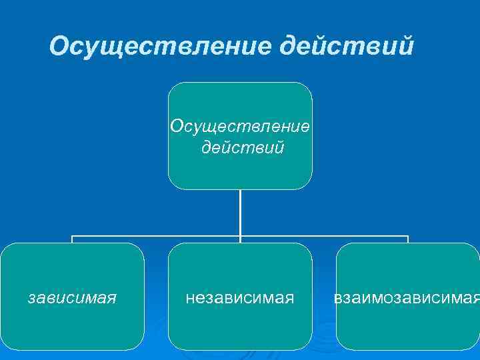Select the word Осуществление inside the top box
click(x=240, y=126)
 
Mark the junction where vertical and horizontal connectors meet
click(x=240, y=236)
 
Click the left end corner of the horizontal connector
click(x=72, y=236)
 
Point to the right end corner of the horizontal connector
click(x=407, y=236)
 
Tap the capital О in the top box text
click(x=176, y=126)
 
